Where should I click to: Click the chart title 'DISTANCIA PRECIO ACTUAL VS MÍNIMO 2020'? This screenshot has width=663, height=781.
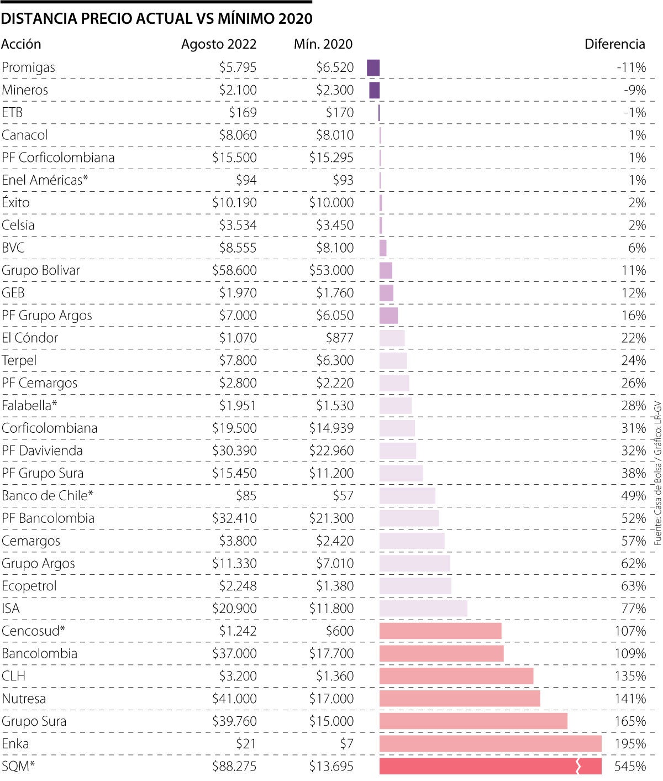coord(157,19)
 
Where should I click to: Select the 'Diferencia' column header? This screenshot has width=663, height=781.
coord(614,44)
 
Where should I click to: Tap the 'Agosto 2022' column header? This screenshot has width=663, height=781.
coord(219,44)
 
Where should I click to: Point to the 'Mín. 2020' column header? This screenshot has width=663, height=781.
coord(323,44)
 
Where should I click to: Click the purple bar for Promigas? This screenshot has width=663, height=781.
coord(373,67)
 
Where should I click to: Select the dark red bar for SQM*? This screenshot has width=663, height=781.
coord(490,766)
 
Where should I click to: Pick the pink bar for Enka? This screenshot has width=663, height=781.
coord(490,743)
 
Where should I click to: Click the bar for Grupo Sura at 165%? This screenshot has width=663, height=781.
coord(473,721)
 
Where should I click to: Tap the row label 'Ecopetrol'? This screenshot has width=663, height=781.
coord(29,586)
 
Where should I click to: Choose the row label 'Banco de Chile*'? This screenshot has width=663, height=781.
coord(48,496)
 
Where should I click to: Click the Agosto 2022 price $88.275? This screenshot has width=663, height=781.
coord(234,766)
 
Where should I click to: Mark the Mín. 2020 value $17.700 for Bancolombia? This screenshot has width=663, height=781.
coord(331,653)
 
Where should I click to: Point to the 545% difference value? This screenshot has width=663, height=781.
coord(630,766)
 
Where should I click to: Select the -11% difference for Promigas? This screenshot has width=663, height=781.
coord(631,67)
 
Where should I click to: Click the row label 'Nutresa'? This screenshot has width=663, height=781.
coord(24,699)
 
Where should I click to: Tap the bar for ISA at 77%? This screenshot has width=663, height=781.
coord(423,609)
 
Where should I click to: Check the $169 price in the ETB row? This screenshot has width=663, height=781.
coord(243,113)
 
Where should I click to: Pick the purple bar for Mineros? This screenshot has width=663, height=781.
coord(375,90)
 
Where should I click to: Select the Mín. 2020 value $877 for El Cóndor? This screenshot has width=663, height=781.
coord(340,338)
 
